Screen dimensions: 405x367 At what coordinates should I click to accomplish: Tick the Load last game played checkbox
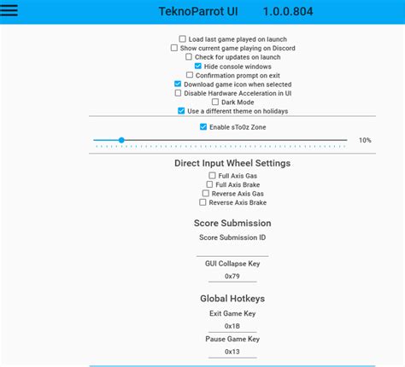pyautogui.click(x=182, y=39)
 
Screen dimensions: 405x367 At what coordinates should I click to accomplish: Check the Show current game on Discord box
pyautogui.click(x=174, y=48)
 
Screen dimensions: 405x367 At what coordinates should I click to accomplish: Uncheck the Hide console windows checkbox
pyautogui.click(x=198, y=67)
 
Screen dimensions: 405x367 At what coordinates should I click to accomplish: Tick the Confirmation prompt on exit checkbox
pyautogui.click(x=189, y=75)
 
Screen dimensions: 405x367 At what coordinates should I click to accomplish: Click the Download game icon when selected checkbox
pyautogui.click(x=178, y=84)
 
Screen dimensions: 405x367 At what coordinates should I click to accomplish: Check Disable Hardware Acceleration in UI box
pyautogui.click(x=178, y=93)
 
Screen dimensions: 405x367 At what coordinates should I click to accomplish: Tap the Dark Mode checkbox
pyautogui.click(x=214, y=102)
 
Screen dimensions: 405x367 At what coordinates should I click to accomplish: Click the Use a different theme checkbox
pyautogui.click(x=181, y=111)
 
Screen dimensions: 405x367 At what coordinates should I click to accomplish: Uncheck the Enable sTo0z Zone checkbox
pyautogui.click(x=203, y=126)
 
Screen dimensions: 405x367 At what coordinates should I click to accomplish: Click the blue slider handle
pyautogui.click(x=121, y=140)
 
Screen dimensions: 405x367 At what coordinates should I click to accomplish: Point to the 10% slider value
pyautogui.click(x=365, y=140)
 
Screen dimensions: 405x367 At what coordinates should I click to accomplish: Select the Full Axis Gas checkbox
pyautogui.click(x=212, y=176)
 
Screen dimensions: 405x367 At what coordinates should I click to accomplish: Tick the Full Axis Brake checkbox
pyautogui.click(x=209, y=184)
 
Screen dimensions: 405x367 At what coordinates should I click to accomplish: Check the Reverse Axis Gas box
pyautogui.click(x=205, y=194)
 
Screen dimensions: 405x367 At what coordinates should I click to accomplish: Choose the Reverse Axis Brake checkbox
pyautogui.click(x=203, y=202)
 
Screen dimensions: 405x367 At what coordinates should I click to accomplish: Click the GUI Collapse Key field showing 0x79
pyautogui.click(x=232, y=277)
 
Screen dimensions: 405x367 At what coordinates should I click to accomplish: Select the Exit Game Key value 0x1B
pyautogui.click(x=232, y=326)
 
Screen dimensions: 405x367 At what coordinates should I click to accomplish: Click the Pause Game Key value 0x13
pyautogui.click(x=232, y=351)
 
